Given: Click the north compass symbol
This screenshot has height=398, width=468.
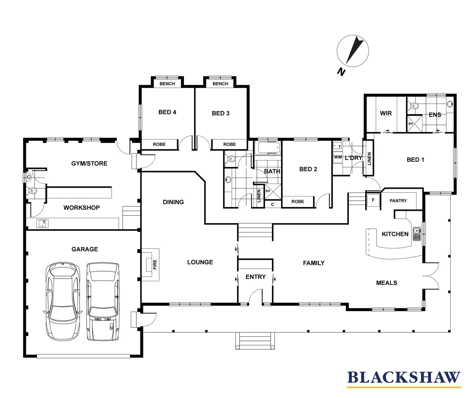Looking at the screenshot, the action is [x=353, y=51].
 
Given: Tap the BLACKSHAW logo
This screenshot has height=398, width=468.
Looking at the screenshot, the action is [x=404, y=378].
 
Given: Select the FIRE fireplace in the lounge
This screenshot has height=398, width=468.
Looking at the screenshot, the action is [x=151, y=264].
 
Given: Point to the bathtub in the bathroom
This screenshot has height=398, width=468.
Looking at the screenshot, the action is [x=268, y=149].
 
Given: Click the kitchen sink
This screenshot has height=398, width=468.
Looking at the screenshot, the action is [x=417, y=234].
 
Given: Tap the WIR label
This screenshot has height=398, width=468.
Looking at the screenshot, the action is [x=386, y=113].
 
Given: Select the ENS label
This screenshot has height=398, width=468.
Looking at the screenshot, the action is [x=435, y=115].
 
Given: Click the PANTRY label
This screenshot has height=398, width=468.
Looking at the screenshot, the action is [x=398, y=201].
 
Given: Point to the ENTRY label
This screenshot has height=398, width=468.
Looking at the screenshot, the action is [x=255, y=277].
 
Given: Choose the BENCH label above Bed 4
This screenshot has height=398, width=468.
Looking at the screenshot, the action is [x=167, y=84].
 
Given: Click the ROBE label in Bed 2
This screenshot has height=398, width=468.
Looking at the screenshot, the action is [x=298, y=202].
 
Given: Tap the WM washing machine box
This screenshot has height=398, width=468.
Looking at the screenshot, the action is [x=338, y=157].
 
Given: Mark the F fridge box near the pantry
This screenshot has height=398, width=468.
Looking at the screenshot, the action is [x=373, y=200].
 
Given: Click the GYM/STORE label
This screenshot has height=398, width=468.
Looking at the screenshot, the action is [x=89, y=163].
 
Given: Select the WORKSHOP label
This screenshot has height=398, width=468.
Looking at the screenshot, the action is [x=81, y=207].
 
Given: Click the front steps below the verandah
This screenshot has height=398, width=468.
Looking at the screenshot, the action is [x=255, y=341].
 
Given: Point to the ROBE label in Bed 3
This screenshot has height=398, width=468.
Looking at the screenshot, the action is [x=229, y=144].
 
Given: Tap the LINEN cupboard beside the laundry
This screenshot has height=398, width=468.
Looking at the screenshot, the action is [x=369, y=158].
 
